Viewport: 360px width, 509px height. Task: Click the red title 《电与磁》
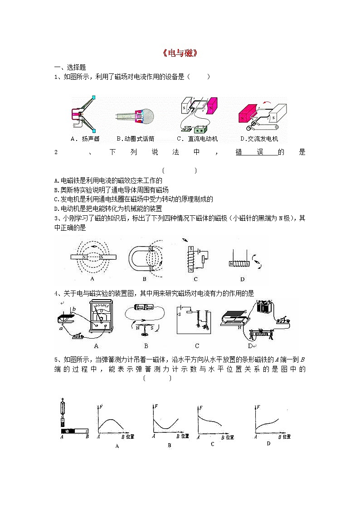point(180,53)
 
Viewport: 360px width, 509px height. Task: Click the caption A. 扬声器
point(85,139)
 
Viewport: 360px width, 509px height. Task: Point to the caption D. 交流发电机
point(259,139)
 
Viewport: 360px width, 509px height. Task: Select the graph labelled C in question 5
point(211,422)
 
